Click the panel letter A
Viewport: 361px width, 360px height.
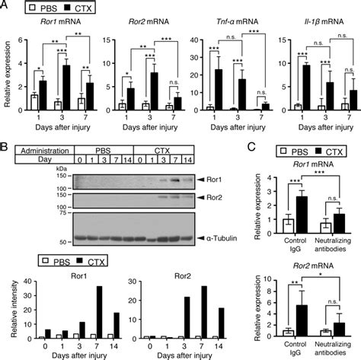pos(5,6)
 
